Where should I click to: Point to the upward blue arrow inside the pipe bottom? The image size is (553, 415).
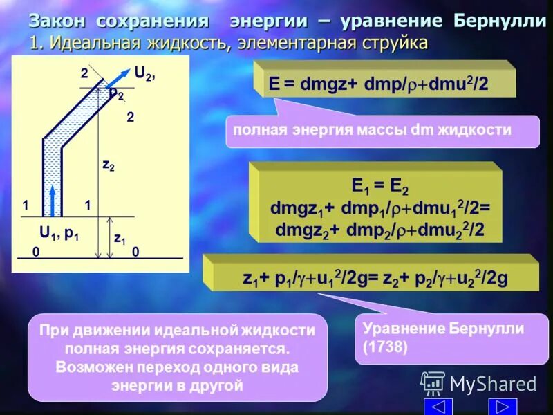(x=53, y=196)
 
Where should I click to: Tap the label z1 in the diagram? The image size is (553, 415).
(x=119, y=239)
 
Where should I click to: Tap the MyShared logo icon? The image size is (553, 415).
(x=433, y=383)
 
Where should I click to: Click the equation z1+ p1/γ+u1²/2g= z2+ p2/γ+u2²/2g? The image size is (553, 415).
(x=375, y=278)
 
